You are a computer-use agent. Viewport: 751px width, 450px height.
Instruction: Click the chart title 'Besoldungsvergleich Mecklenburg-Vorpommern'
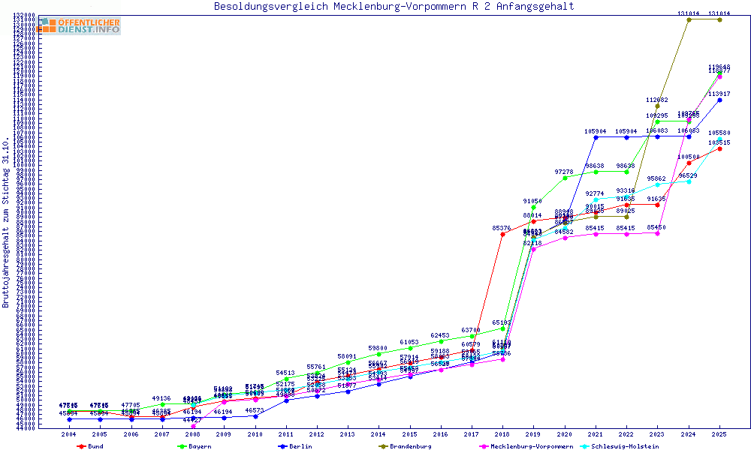click(394, 7)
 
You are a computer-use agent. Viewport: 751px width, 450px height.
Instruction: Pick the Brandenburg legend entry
click(405, 446)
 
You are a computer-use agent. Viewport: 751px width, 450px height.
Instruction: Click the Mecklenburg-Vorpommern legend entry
click(520, 446)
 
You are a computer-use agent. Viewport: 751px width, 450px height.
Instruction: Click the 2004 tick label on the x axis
click(69, 434)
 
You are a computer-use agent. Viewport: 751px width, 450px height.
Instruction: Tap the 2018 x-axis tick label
click(502, 434)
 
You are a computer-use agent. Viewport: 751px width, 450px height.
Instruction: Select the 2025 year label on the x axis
click(719, 434)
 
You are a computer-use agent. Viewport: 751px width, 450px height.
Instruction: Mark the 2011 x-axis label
click(286, 434)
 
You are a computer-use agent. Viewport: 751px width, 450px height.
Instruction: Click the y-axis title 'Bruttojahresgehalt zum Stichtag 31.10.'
click(6, 222)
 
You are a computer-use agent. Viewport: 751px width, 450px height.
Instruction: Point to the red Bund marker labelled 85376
click(502, 234)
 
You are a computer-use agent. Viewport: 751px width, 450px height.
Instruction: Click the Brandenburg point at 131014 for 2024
click(689, 19)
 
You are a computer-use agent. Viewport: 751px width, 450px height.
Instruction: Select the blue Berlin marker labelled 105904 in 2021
click(596, 137)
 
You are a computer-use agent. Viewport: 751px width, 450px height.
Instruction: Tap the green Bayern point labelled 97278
click(565, 178)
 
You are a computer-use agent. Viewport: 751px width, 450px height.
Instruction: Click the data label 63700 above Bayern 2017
click(472, 330)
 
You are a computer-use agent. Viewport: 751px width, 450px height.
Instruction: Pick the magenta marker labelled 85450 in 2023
click(658, 233)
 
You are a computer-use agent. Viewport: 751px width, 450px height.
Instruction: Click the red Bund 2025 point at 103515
click(719, 148)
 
